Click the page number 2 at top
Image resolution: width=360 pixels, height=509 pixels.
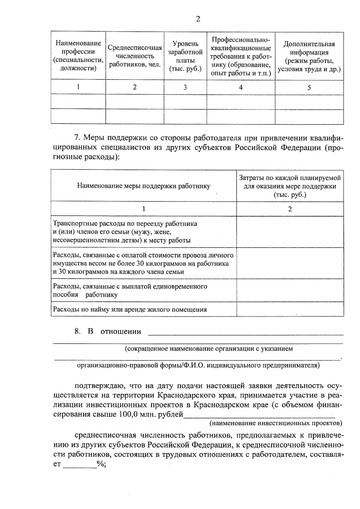coord(197,19)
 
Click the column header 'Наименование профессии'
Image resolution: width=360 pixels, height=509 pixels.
coord(78,56)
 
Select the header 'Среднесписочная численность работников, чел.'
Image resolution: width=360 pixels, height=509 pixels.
coord(135,56)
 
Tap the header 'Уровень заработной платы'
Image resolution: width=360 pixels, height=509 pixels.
coord(185,56)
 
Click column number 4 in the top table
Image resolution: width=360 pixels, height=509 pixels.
coord(241,87)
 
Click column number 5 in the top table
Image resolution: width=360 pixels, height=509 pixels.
coord(309,87)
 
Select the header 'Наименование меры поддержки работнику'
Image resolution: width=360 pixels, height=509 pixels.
coord(144,186)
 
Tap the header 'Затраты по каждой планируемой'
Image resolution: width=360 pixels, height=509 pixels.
coord(290,178)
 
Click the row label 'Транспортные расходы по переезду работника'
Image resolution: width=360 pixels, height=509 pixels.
coord(125,224)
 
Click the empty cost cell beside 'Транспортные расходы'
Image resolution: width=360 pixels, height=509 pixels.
coord(290,232)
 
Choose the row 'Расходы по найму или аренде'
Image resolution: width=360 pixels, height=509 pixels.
coord(130,310)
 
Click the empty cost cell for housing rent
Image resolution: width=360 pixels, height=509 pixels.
coord(290,310)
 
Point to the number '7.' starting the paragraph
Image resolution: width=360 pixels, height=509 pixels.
coord(77,138)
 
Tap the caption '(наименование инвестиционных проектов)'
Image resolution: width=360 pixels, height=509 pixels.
coord(275,423)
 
